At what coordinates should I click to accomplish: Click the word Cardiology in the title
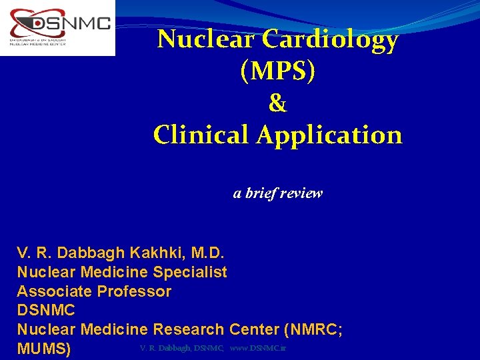pos(331,41)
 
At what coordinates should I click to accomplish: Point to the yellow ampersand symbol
pos(277,103)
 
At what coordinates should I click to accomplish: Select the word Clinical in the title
pos(201,135)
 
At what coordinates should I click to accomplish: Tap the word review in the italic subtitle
pos(302,193)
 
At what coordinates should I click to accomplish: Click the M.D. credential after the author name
pos(208,253)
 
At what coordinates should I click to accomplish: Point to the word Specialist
pos(190,272)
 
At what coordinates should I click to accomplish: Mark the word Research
pos(189,329)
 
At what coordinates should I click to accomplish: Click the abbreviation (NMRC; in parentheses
pos(314,329)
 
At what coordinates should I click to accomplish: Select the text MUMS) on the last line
pos(44,349)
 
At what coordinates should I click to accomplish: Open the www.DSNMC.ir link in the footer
pos(258,349)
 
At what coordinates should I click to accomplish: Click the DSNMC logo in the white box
pos(57,27)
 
